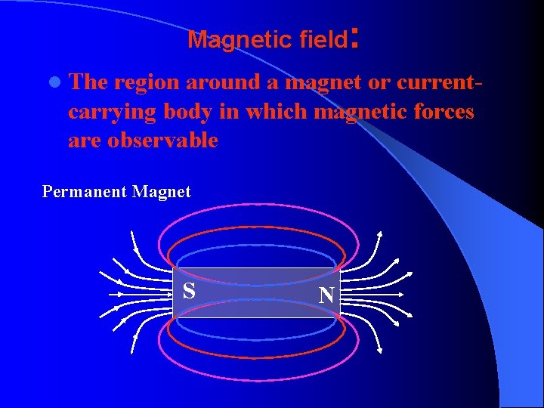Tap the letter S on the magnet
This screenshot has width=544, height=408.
tap(189, 290)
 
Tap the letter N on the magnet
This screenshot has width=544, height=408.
tap(326, 294)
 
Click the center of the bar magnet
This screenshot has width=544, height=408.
tap(258, 292)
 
